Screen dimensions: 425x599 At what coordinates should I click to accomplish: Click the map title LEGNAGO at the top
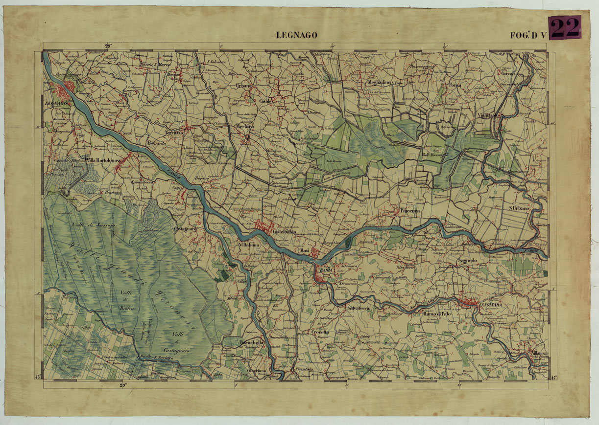(297, 35)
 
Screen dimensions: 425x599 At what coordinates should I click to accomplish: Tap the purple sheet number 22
(565, 28)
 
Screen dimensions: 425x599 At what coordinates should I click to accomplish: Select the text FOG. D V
(527, 35)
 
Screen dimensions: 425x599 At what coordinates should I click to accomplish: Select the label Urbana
(243, 86)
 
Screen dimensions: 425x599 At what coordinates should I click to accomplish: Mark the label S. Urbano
(519, 209)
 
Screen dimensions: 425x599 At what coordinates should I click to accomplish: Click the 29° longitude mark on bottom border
(123, 385)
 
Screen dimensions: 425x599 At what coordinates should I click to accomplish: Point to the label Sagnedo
(467, 261)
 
